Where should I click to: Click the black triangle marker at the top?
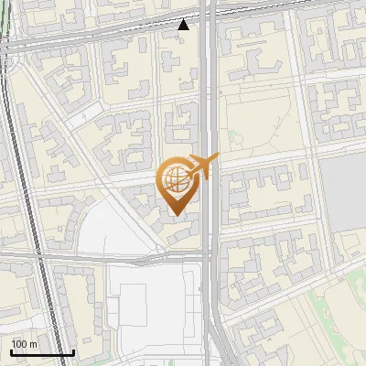click(x=184, y=25)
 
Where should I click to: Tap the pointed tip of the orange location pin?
click(x=176, y=214)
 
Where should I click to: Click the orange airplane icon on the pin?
click(x=202, y=167)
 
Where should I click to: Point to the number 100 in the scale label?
click(x=19, y=344)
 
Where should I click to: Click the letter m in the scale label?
click(x=34, y=344)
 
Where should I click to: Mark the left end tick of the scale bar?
click(x=11, y=351)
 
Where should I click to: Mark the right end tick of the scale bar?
click(x=73, y=351)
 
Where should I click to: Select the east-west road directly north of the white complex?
click(x=137, y=260)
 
